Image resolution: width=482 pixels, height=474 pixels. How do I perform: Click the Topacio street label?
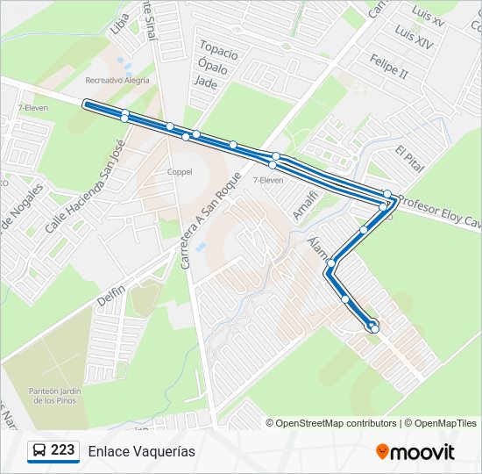218,47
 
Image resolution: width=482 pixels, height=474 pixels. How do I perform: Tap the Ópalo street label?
213,67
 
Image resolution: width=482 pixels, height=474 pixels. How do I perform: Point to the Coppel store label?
180,172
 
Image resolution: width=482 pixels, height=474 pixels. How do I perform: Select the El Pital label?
409,159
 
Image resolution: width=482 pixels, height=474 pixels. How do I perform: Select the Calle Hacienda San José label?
81,186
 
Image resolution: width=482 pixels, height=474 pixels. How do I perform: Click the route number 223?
63,450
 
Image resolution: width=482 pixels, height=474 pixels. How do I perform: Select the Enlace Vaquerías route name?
141,451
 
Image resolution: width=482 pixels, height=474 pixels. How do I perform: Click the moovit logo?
415,451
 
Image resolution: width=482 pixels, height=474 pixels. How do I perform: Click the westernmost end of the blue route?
86,104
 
